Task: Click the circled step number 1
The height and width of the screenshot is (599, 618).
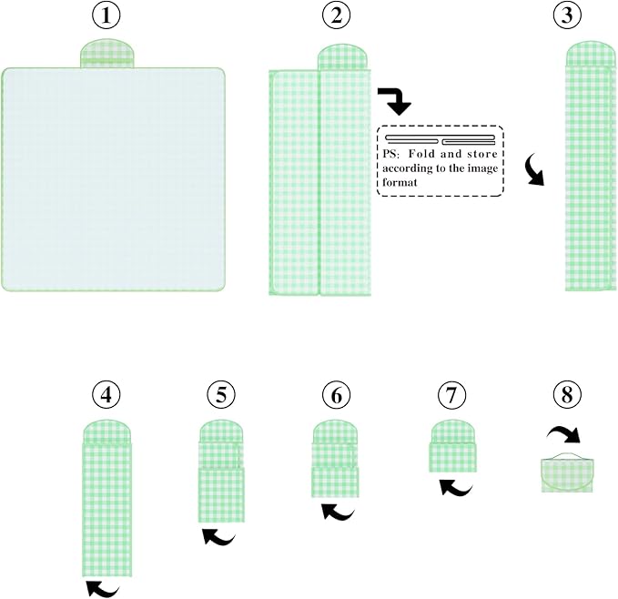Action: tap(106, 15)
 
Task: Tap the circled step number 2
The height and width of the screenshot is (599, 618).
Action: tap(336, 15)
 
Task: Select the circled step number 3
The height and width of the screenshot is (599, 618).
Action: tap(567, 15)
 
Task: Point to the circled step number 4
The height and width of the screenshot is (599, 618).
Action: tap(106, 395)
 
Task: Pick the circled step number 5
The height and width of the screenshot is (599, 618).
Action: tap(221, 395)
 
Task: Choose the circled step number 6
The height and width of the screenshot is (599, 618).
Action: tap(336, 395)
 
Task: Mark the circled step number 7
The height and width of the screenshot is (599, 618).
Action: tap(451, 395)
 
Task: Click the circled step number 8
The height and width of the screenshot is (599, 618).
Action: tap(567, 395)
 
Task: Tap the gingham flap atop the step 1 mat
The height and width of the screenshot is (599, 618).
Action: tap(107, 53)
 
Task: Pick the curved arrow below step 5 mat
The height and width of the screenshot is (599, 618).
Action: tap(218, 537)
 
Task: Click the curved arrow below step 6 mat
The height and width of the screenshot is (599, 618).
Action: tap(338, 513)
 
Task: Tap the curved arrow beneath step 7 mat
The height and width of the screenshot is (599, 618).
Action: tap(456, 487)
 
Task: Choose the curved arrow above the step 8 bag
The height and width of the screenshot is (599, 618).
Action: tap(564, 432)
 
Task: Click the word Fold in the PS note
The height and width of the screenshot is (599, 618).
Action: tap(422, 154)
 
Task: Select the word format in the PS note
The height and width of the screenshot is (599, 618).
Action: tap(400, 183)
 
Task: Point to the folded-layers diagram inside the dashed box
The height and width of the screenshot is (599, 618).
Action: tap(441, 139)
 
